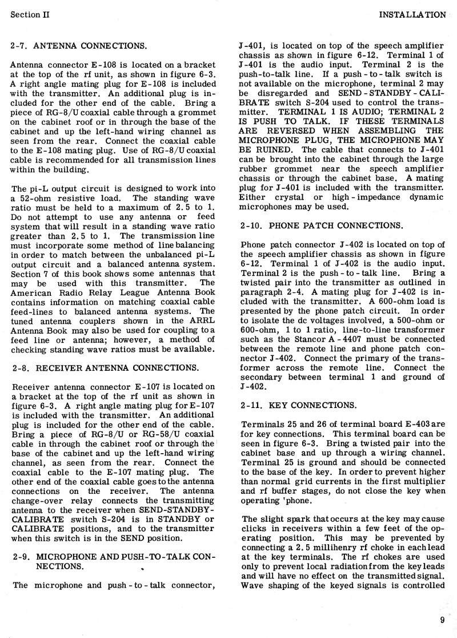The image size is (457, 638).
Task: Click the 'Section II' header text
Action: tap(30, 14)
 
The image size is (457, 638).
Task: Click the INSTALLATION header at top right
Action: tap(412, 14)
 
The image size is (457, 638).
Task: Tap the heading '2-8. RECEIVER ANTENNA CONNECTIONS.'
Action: tap(105, 367)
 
